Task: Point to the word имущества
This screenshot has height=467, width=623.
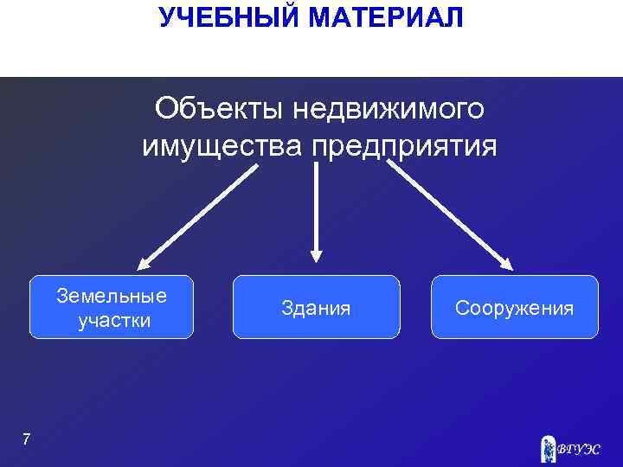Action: coord(221,146)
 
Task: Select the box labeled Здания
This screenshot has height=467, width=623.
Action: coord(316,307)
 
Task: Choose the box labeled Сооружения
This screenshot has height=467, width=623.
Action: coord(514,307)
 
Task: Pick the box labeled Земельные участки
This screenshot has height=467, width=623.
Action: coord(112,307)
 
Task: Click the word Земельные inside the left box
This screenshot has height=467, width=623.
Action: coord(112,296)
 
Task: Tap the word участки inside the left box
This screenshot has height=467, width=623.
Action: coord(114,321)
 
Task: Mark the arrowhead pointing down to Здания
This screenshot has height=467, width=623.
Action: coord(317,254)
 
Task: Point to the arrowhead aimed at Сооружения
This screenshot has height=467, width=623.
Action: coord(506,265)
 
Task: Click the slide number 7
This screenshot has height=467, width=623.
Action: coord(26,440)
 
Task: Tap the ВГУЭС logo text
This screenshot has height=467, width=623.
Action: coord(578,449)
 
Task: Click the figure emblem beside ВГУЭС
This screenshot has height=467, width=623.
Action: coord(547,447)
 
